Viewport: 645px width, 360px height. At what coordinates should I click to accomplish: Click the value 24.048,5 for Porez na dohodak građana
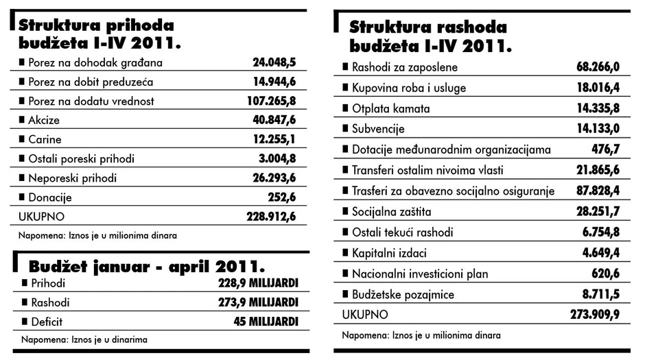point(274,62)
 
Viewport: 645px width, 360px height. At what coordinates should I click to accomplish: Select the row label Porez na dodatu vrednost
point(91,101)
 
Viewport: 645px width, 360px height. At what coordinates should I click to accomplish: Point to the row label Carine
point(45,139)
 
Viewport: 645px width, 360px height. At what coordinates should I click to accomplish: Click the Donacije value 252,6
point(281,197)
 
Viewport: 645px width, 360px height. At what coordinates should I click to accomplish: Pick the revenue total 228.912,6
point(271,216)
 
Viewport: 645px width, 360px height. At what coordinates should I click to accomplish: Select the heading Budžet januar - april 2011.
point(147,265)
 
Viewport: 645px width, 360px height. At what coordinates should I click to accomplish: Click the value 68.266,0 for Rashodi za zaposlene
point(597,67)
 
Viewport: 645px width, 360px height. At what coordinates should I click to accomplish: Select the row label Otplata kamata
point(390,108)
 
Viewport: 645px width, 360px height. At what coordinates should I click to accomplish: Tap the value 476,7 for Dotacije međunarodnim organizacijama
point(606,149)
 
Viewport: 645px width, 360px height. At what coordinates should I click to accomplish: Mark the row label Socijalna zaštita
point(391,211)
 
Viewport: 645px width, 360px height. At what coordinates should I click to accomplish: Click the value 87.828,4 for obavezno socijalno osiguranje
point(597,191)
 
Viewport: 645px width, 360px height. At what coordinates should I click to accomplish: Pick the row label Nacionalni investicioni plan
point(419,274)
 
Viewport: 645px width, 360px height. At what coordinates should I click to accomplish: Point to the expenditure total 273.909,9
point(594,315)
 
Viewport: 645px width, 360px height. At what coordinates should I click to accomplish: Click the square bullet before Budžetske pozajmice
point(345,294)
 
